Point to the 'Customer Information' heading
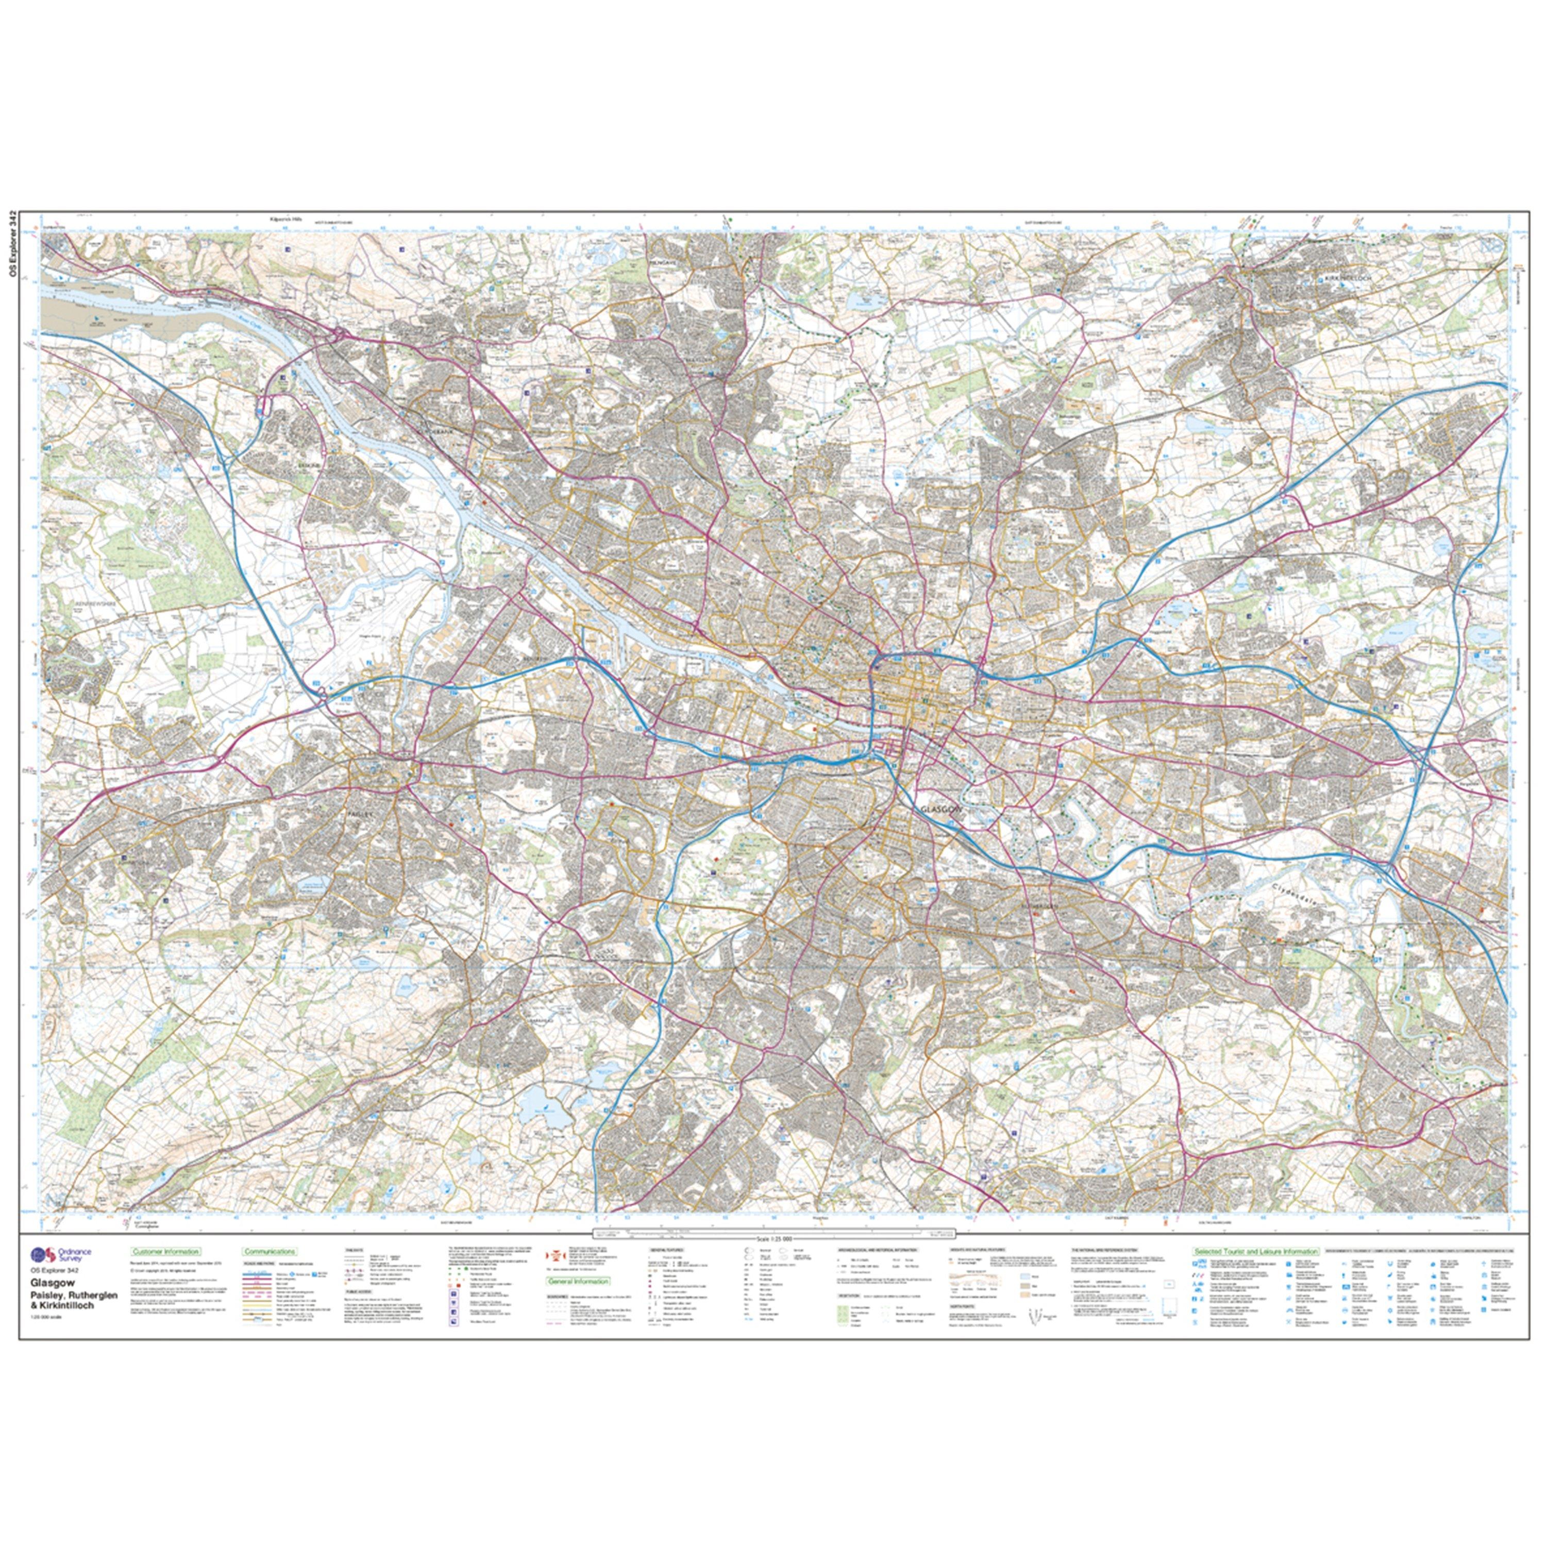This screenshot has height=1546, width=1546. [x=165, y=1251]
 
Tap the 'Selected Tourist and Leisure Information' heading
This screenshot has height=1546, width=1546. [x=1255, y=1251]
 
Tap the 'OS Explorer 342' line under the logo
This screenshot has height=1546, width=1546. [x=55, y=1271]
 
